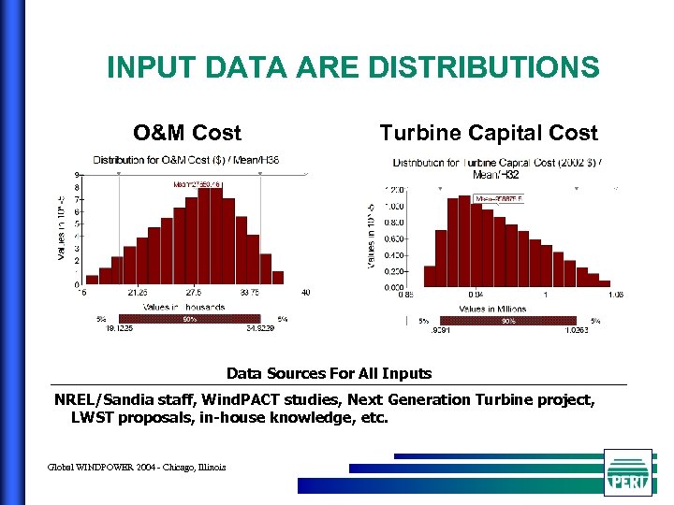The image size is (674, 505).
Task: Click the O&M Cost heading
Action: coord(187,133)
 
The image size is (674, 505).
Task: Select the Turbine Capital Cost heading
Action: coord(488,133)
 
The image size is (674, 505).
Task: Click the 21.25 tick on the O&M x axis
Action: coord(138,293)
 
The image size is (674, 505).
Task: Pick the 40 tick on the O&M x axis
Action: coord(305,293)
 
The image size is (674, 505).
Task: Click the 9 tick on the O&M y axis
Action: coord(76,175)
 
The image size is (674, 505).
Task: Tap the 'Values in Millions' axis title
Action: coord(491,309)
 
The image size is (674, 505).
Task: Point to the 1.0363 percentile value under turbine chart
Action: coord(579,329)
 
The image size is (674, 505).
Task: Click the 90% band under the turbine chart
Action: coord(508,321)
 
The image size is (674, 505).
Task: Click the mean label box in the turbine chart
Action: coord(500,198)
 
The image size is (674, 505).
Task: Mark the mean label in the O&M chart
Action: coord(197,184)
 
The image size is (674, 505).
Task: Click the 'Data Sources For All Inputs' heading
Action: coord(329,373)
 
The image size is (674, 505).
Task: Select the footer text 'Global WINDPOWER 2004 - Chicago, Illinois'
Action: coord(137,467)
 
